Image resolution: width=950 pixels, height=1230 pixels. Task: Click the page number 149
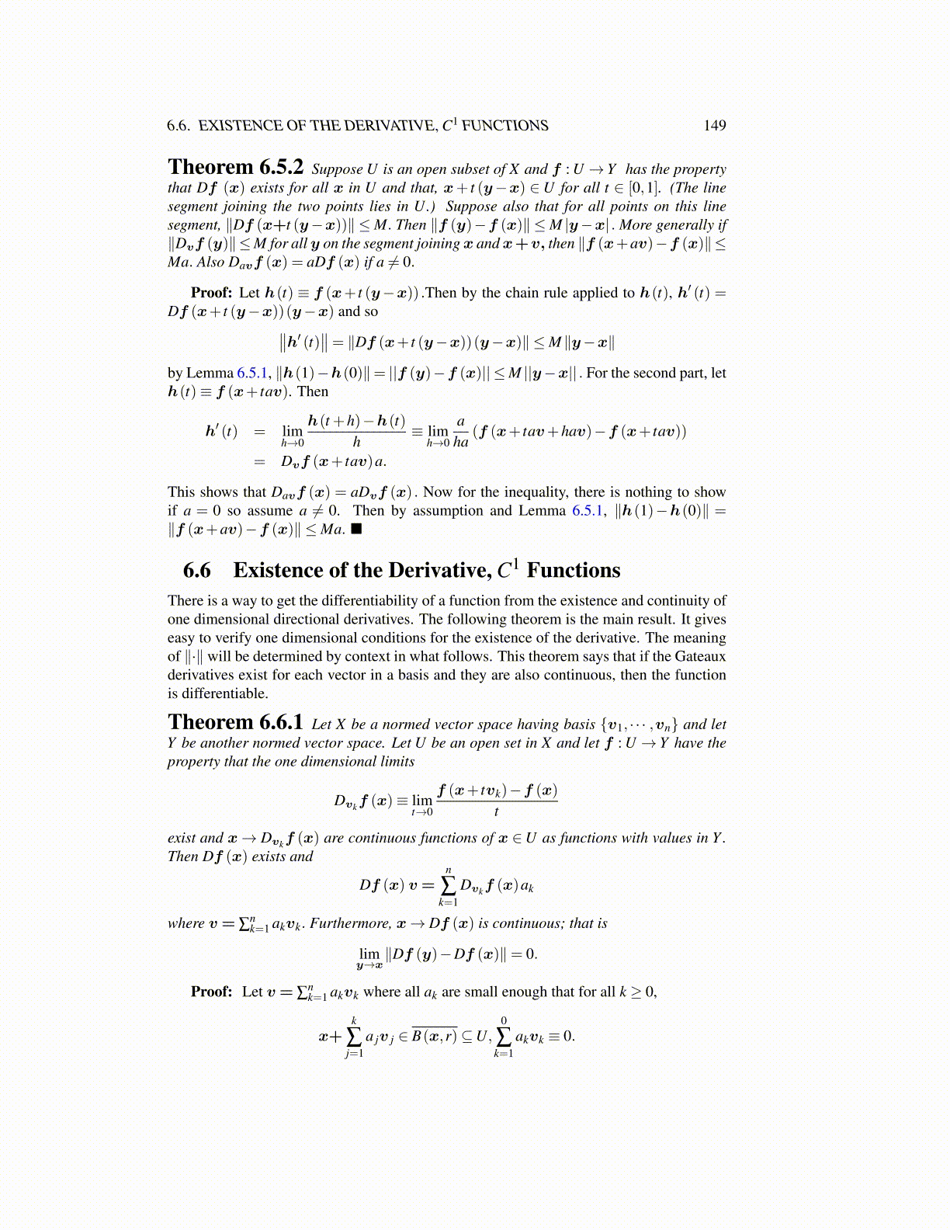point(714,126)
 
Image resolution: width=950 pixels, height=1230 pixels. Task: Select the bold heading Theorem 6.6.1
point(235,723)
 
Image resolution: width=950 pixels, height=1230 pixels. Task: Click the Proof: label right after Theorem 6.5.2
point(211,293)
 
